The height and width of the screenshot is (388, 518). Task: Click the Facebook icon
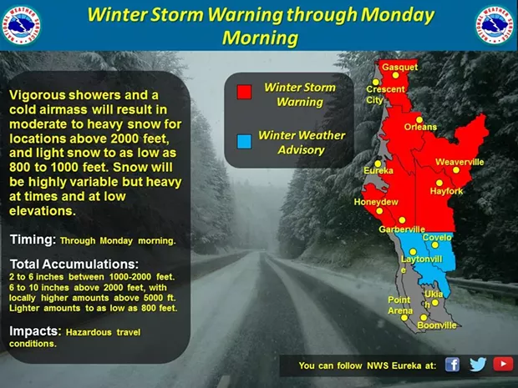[452, 365]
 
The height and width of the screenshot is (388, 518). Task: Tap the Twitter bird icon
[478, 365]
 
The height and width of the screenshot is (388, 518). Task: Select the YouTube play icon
[503, 364]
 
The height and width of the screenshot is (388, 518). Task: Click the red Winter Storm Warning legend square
[245, 92]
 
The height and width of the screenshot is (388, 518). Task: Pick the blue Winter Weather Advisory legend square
[245, 142]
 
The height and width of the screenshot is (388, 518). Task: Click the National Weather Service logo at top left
[22, 25]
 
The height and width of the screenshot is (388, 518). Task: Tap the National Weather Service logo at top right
[495, 25]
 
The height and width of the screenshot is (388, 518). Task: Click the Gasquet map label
[399, 67]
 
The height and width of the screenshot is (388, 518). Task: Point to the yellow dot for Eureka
[378, 164]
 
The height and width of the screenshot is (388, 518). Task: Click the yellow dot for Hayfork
[439, 183]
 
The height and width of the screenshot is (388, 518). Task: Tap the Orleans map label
[420, 127]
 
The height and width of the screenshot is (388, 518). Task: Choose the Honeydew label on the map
[376, 202]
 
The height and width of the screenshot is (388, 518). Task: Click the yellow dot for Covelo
[435, 244]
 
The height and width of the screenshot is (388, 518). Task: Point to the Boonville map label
[436, 325]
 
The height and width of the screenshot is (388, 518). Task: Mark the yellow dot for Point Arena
[404, 318]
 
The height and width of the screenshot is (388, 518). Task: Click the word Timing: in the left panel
[33, 239]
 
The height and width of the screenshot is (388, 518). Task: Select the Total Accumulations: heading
[74, 264]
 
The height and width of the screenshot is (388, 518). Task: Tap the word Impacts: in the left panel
[35, 331]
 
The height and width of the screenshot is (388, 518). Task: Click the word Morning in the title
[261, 38]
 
